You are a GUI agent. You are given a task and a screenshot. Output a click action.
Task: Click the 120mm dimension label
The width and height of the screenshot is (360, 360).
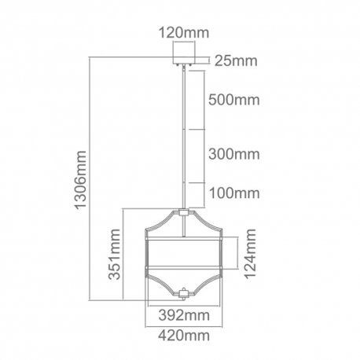click(184, 33)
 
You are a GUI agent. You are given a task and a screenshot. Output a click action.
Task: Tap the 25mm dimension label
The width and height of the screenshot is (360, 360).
click(236, 61)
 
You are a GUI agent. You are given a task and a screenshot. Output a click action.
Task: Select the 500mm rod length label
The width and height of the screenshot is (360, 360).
click(234, 100)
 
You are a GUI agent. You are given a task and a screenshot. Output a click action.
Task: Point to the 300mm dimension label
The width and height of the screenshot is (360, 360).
click(234, 154)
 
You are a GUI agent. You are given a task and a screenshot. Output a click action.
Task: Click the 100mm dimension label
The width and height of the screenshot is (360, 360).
click(234, 193)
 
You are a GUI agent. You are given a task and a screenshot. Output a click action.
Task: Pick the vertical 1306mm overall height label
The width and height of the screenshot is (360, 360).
click(80, 180)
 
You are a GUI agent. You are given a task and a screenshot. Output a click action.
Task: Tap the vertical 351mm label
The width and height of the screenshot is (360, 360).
click(115, 255)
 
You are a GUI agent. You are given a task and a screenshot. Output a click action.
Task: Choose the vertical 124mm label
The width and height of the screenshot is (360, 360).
click(250, 254)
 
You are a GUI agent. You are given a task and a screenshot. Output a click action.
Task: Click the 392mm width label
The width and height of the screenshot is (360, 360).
click(184, 315)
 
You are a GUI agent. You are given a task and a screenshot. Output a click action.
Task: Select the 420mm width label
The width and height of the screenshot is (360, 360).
click(184, 336)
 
